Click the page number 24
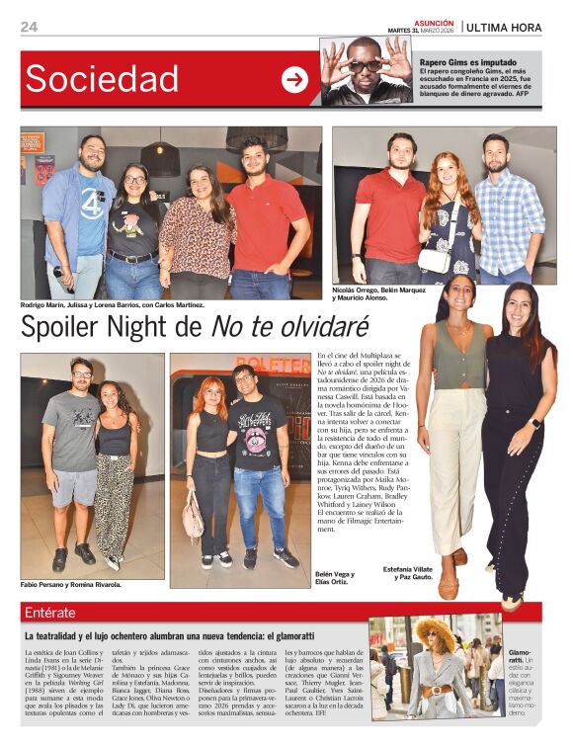[28, 27]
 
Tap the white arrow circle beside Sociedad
[294, 80]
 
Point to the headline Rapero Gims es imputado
[466, 61]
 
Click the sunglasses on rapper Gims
[365, 66]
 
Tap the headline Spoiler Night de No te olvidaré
[195, 325]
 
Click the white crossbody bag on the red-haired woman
[434, 260]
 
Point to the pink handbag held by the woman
[193, 518]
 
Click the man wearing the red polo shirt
[268, 222]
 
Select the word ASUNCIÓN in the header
[434, 22]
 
